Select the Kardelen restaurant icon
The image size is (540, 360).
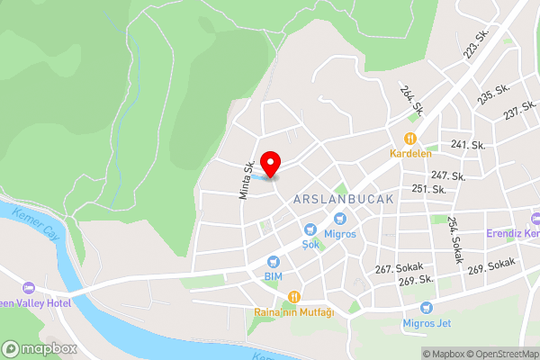pyautogui.click(x=409, y=139)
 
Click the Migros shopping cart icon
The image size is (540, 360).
pyautogui.click(x=340, y=219)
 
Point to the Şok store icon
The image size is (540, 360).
pyautogui.click(x=310, y=229)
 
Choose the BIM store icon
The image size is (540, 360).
pyautogui.click(x=273, y=261)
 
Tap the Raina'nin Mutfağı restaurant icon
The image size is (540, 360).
pyautogui.click(x=293, y=297)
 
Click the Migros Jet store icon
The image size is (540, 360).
pyautogui.click(x=412, y=307)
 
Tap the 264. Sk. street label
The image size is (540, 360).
pyautogui.click(x=412, y=101)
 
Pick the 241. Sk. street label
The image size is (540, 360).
pyautogui.click(x=468, y=145)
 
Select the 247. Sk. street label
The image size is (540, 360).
pyautogui.click(x=448, y=175)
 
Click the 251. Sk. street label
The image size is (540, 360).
pyautogui.click(x=428, y=189)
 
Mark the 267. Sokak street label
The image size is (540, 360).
pyautogui.click(x=399, y=268)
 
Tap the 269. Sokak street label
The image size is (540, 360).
pyautogui.click(x=490, y=265)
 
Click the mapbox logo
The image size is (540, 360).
pyautogui.click(x=40, y=348)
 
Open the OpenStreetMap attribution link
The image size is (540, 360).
pyautogui.click(x=501, y=354)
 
